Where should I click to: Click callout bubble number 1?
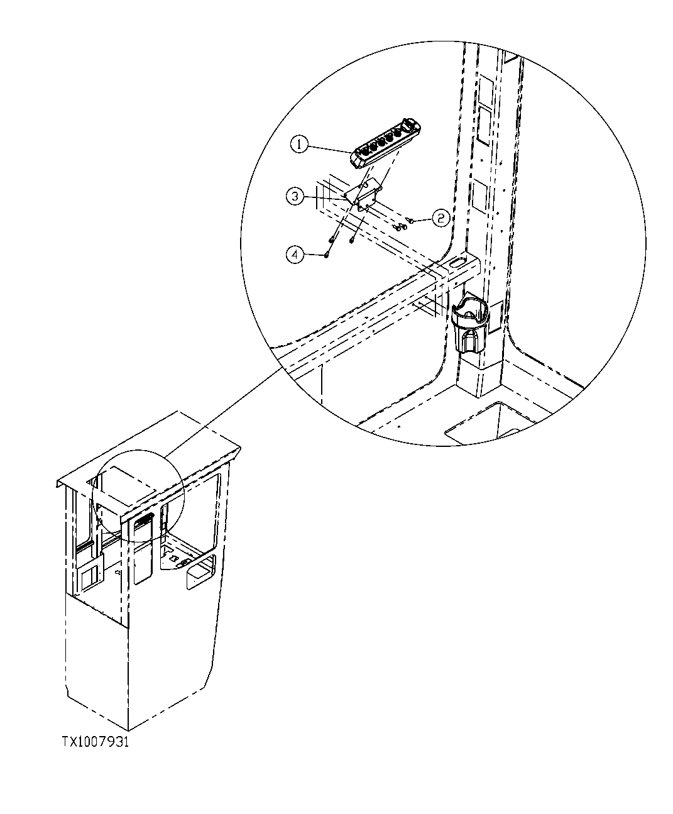click(300, 145)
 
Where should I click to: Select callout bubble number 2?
click(441, 218)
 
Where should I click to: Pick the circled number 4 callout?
click(295, 254)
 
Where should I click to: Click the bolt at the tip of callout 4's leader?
click(327, 254)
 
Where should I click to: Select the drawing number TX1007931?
click(95, 742)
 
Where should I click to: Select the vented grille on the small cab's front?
click(143, 519)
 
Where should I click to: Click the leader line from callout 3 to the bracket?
click(324, 197)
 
